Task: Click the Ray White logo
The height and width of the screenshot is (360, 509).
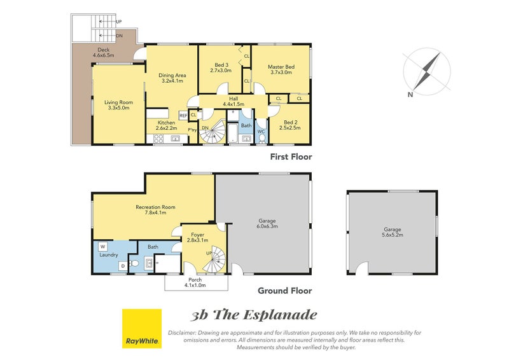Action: coord(141,328)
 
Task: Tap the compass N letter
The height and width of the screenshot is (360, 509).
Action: coord(410,95)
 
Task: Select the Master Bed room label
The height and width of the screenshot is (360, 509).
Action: coord(281,67)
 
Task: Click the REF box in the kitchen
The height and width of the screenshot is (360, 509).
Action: coord(183,116)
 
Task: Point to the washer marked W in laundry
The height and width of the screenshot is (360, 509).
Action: coord(103,246)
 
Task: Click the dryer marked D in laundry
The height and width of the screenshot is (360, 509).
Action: coord(123,266)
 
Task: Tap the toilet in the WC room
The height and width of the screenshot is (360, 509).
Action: coord(262,138)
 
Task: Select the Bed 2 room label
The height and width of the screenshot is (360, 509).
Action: coord(291,122)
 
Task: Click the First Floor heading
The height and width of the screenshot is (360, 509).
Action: coord(291,157)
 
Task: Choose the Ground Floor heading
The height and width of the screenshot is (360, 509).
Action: coord(284,291)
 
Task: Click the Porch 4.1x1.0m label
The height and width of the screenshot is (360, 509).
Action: coord(195,282)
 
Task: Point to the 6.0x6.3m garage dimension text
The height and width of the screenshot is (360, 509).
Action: coord(267,226)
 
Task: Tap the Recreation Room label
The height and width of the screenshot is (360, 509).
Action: coord(155,207)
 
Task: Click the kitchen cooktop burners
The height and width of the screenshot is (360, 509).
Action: coord(158,139)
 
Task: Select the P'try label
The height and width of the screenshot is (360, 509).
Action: coord(192,130)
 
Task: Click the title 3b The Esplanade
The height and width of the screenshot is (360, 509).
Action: coord(253,315)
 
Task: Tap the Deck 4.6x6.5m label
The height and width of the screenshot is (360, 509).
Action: coord(104,53)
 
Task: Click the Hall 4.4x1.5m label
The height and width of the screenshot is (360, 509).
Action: coord(234,102)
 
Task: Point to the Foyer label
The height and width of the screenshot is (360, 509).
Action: coord(197,235)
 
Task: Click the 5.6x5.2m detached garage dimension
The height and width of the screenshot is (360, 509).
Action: coord(393,235)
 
